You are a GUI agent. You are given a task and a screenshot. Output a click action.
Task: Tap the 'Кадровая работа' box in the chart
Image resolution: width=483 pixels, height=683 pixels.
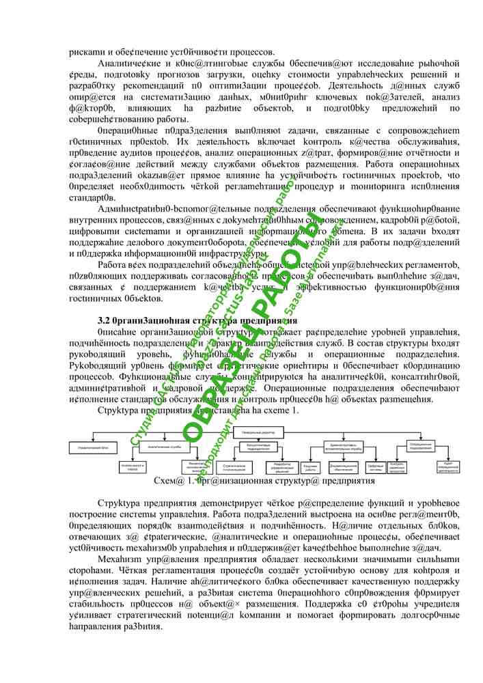point(310,468)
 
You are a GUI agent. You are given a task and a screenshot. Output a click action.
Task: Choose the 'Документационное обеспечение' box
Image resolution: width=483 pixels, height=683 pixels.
point(343,468)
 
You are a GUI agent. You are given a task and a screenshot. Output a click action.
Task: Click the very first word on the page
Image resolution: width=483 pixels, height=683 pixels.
point(87,52)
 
